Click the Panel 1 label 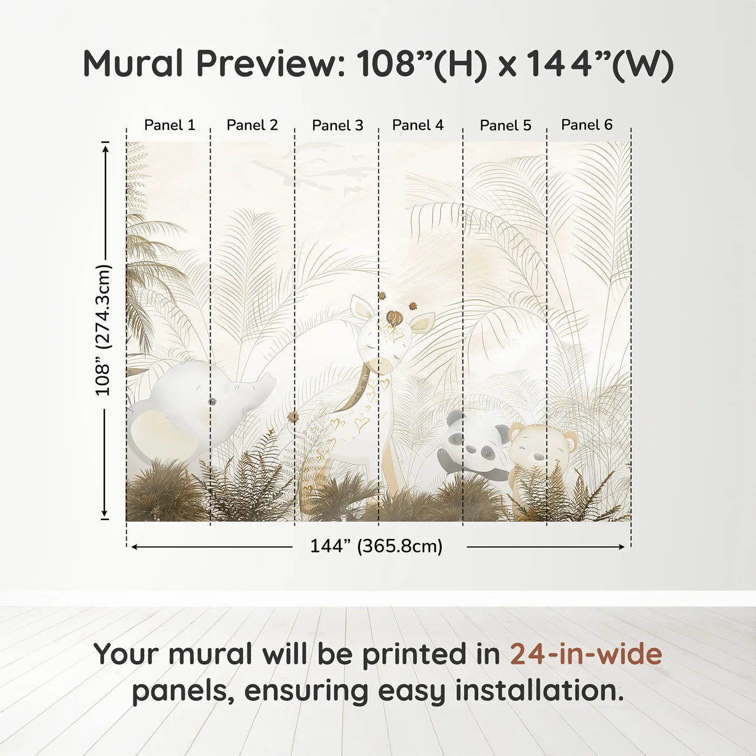tap(170, 125)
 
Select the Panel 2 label tap(252, 125)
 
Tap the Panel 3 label tap(337, 126)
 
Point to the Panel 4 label tap(417, 125)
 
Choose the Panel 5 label tap(505, 126)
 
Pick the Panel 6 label tap(586, 125)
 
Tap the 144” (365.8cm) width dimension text tap(376, 546)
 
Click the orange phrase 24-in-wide tap(586, 654)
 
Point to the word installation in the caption tap(538, 691)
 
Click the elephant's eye tap(212, 401)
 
